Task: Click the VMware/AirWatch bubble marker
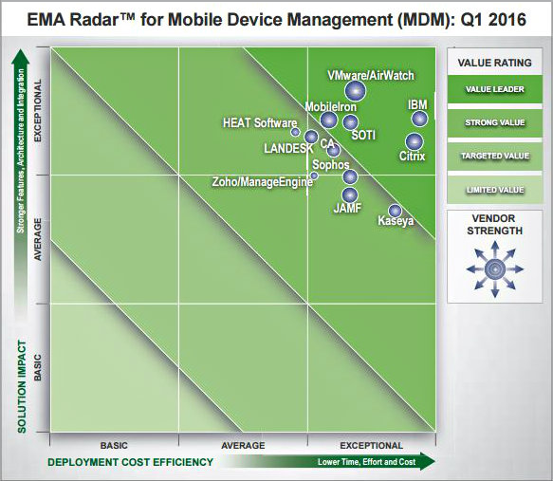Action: [x=355, y=90]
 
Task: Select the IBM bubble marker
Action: [x=418, y=119]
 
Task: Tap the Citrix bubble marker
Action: [x=414, y=141]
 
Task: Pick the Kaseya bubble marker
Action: [x=395, y=211]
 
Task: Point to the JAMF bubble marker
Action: [x=349, y=195]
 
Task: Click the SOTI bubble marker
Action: [x=350, y=121]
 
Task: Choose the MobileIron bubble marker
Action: [x=328, y=120]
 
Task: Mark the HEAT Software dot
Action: [x=295, y=132]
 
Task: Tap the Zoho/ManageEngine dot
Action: [x=314, y=176]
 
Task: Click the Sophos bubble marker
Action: [x=349, y=176]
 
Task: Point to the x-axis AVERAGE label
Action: [x=243, y=444]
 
